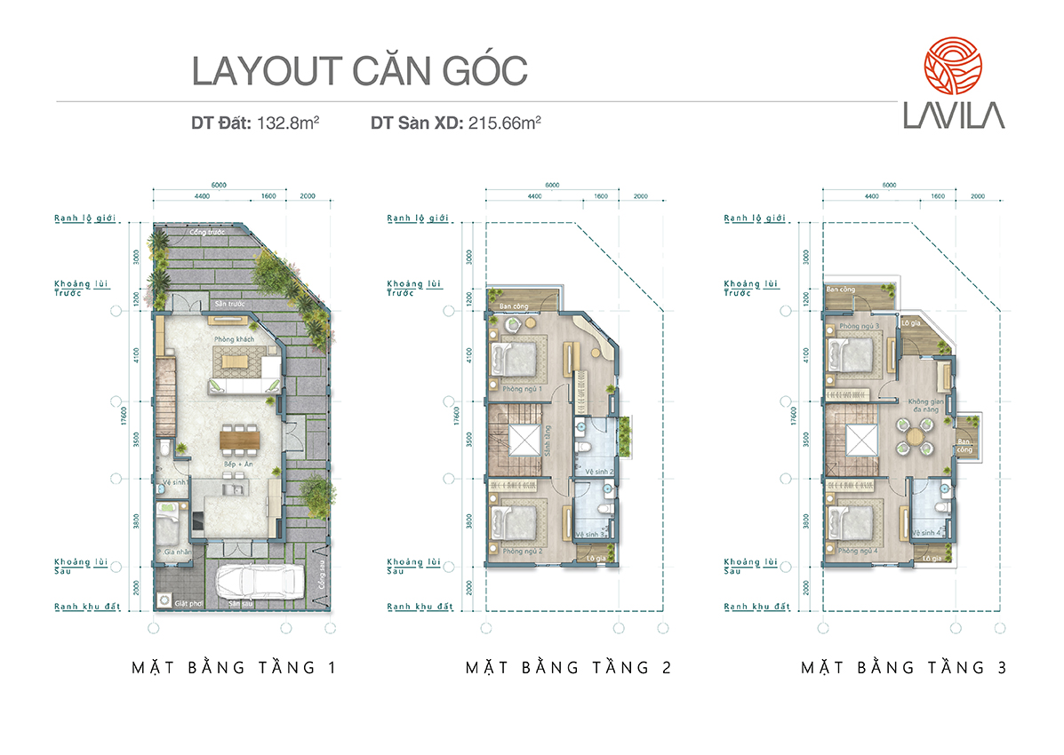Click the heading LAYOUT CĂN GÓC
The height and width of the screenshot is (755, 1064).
click(359, 72)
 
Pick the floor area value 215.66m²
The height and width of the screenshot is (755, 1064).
click(502, 124)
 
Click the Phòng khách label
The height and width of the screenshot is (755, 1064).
click(234, 340)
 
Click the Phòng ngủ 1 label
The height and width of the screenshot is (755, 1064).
click(522, 389)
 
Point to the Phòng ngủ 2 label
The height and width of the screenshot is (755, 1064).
click(522, 551)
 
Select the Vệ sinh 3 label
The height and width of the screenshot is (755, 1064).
click(590, 534)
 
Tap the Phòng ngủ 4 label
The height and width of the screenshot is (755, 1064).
click(858, 551)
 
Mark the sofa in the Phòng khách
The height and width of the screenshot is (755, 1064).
click(244, 385)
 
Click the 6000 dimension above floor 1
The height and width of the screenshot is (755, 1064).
click(219, 185)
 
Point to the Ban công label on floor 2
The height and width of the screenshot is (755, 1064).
click(514, 307)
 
